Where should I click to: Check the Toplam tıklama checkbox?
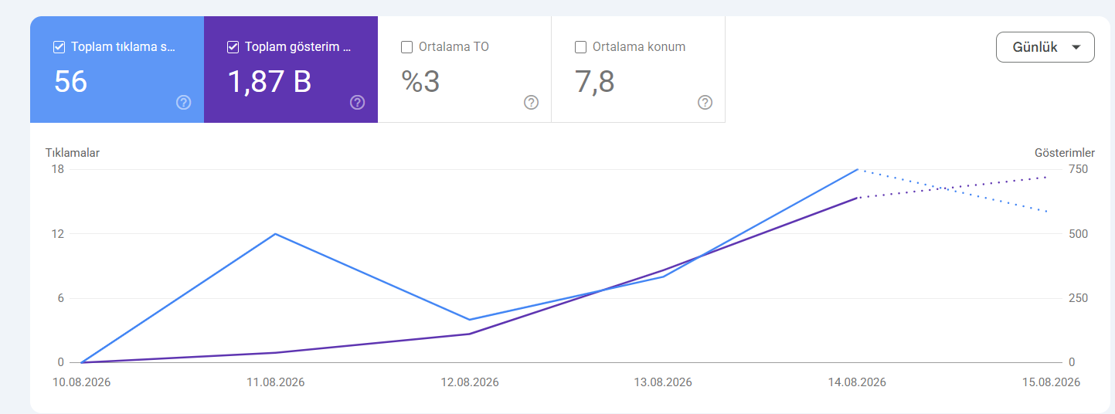click(59, 47)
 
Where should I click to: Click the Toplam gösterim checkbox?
click(233, 47)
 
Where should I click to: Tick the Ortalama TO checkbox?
click(406, 47)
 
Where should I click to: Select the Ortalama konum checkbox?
click(580, 47)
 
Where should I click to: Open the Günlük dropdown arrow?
click(1076, 47)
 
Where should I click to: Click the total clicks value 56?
click(70, 82)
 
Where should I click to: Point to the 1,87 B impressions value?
click(270, 82)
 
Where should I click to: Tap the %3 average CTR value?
click(420, 82)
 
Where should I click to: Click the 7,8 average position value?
click(594, 82)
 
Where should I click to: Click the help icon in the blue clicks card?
click(184, 103)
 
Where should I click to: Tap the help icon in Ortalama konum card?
click(705, 103)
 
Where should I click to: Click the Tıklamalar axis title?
click(73, 153)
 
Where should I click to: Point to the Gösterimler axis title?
click(1065, 153)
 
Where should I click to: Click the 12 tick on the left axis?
click(58, 234)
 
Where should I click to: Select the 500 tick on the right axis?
click(1078, 234)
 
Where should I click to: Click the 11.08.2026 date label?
click(276, 382)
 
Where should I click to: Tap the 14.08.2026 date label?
click(857, 382)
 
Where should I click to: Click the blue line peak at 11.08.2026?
click(276, 234)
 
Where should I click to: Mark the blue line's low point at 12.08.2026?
click(469, 320)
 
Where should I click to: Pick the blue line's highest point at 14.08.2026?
click(857, 170)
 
